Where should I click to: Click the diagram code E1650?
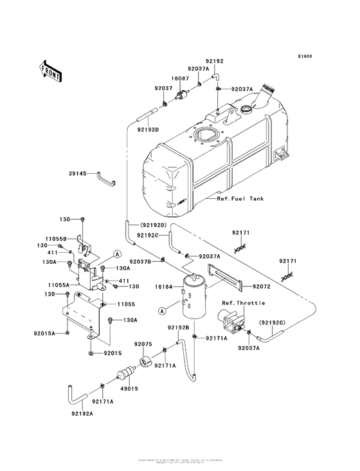tap(305, 57)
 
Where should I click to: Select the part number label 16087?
tap(179, 78)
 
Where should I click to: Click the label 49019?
tap(130, 389)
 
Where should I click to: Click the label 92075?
tap(142, 344)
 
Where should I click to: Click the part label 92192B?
tap(178, 328)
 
